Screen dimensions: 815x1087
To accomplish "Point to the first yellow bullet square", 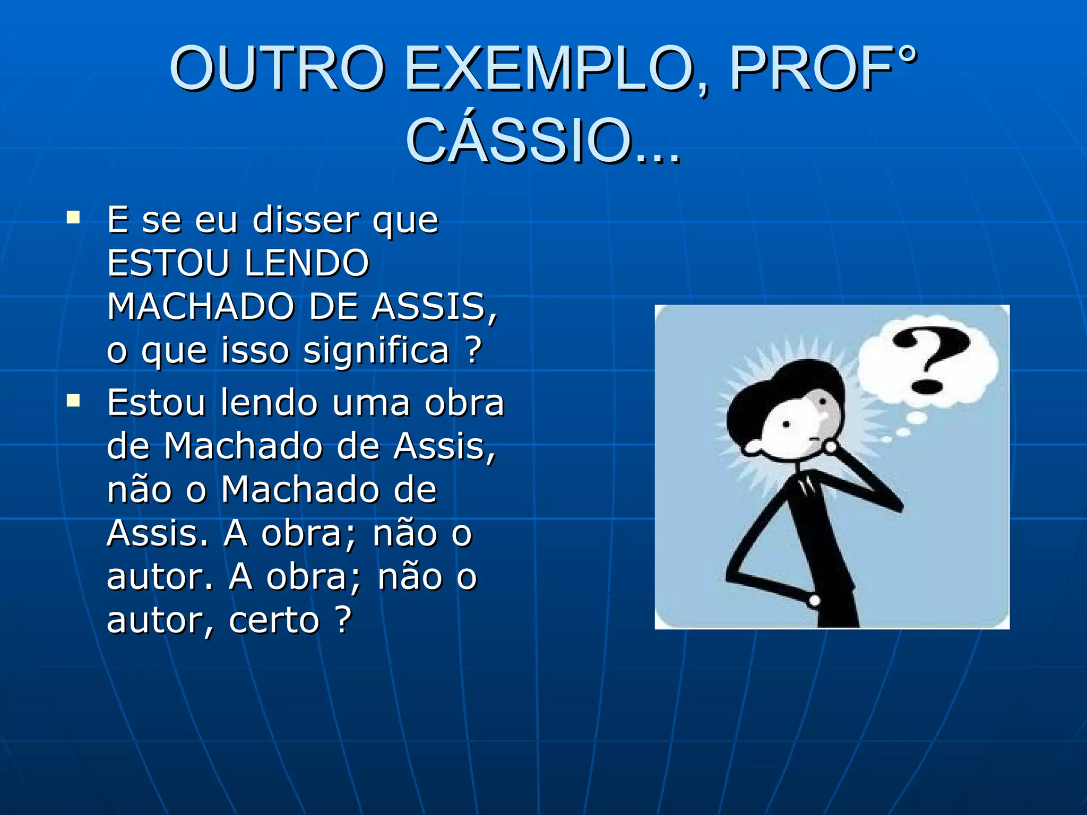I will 73,218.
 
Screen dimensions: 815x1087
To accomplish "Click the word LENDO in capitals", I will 306,263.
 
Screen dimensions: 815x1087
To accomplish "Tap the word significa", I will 376,351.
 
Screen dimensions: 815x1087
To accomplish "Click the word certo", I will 274,620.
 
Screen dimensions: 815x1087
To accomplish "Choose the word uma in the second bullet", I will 371,403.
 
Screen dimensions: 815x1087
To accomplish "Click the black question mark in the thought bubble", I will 930,358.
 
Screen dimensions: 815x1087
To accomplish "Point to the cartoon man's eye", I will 787,424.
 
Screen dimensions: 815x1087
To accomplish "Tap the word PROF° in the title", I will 823,69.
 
